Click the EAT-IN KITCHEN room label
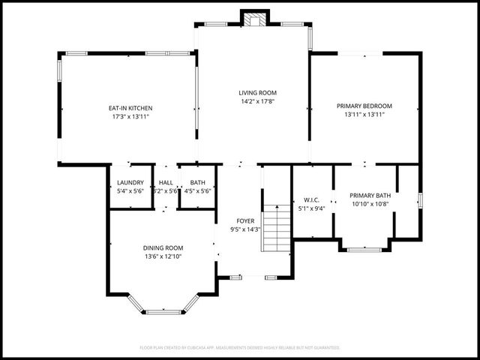point(130,108)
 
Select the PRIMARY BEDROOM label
point(364,106)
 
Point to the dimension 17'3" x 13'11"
point(130,117)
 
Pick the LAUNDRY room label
point(130,182)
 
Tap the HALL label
point(166,182)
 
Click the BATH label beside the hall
point(198,182)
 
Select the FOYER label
point(245,220)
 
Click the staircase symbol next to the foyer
point(277,229)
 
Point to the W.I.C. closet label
point(312,199)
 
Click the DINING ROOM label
point(163,247)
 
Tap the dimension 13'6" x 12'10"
point(163,256)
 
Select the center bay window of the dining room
point(163,311)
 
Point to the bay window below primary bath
point(365,248)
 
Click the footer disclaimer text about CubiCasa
point(240,348)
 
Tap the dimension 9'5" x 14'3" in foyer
point(245,229)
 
